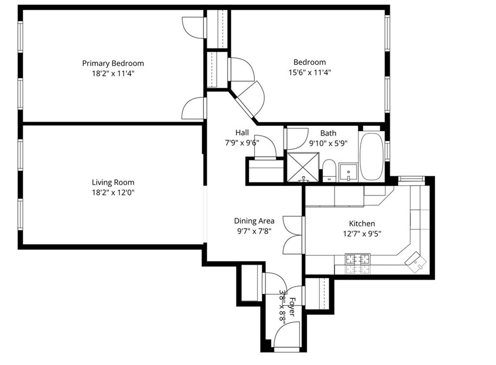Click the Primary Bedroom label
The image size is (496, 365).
[x=113, y=63]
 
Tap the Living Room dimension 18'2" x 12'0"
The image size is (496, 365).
[x=113, y=193]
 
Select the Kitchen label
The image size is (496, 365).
[x=362, y=224]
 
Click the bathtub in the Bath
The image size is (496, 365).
[x=372, y=155]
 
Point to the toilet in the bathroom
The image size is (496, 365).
[x=329, y=171]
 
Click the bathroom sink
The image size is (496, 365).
[x=348, y=171]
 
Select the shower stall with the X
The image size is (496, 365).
[x=303, y=167]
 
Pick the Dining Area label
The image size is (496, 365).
[x=254, y=221]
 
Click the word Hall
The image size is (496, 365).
[x=242, y=133]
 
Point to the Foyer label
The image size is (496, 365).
[x=292, y=306]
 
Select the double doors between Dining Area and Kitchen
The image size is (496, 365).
[x=293, y=235]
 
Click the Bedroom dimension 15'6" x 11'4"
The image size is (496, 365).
[x=310, y=73]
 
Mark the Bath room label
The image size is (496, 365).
[x=328, y=133]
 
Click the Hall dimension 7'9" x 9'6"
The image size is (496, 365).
[x=242, y=143]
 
